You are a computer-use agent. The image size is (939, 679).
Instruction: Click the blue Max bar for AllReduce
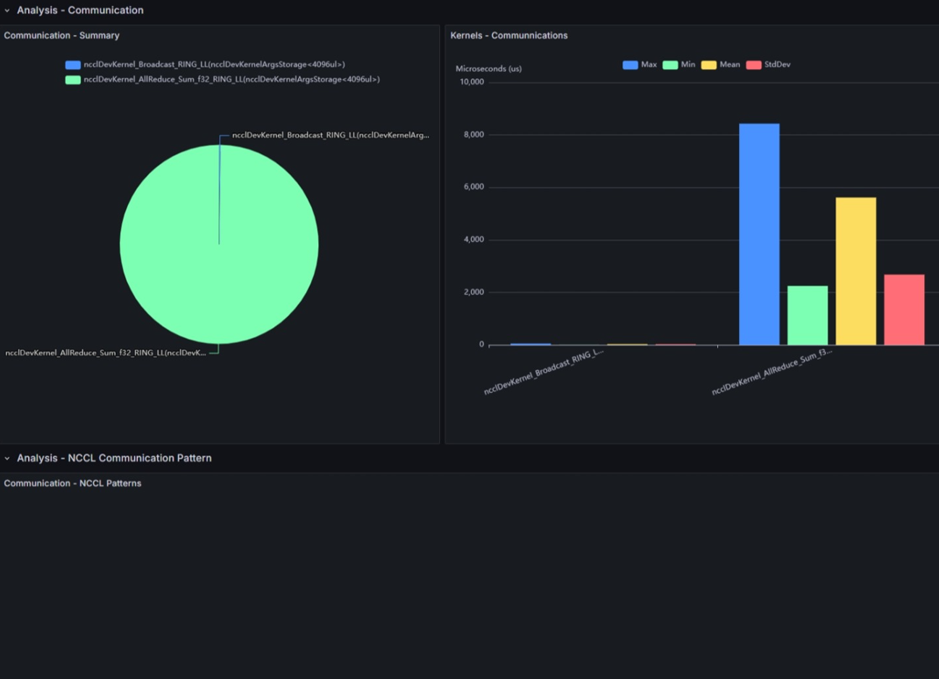click(759, 234)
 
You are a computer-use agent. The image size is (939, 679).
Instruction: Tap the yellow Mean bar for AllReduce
click(856, 271)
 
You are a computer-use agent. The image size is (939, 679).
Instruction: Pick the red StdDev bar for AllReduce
click(904, 310)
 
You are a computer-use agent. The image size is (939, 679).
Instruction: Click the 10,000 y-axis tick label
click(470, 82)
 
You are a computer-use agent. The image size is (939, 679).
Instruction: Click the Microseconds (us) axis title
click(488, 68)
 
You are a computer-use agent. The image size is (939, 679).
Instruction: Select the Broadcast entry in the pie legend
click(214, 64)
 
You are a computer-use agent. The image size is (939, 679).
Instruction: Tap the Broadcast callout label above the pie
click(331, 135)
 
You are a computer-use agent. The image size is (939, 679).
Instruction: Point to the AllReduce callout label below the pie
click(106, 353)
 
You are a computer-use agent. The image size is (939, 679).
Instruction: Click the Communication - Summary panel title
click(61, 35)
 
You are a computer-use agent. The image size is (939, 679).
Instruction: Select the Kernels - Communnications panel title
click(509, 35)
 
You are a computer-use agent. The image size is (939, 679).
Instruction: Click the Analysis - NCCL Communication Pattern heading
click(114, 458)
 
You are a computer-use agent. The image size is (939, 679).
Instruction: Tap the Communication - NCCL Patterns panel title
click(72, 483)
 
